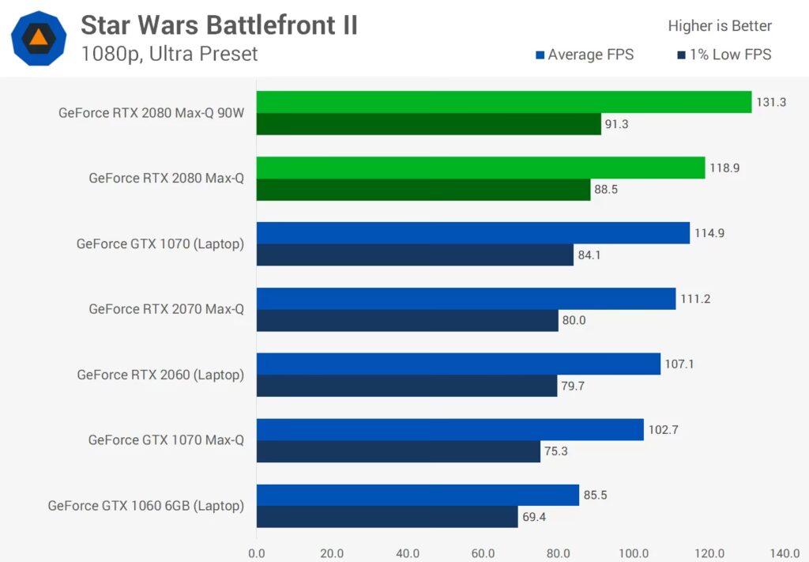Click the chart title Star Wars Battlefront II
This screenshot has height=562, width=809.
[x=219, y=25]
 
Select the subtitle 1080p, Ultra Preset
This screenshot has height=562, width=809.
[x=169, y=54]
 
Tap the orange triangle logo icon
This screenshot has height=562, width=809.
[x=38, y=37]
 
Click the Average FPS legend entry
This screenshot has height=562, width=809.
[x=585, y=55]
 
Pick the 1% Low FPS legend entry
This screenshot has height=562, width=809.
[x=724, y=55]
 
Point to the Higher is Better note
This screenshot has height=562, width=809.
[x=720, y=26]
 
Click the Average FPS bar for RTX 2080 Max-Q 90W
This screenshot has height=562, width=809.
[x=503, y=102]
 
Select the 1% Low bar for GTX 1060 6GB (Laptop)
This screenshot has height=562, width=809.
[x=387, y=517]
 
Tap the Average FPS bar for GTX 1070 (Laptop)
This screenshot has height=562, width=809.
[x=472, y=232]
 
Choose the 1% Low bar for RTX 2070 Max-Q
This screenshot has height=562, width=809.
[x=407, y=320]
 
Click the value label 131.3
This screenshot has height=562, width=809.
[x=770, y=102]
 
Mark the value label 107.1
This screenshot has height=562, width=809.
[x=679, y=364]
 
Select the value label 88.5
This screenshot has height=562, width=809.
[x=609, y=190]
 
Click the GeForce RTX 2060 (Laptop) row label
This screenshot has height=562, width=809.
[x=160, y=375]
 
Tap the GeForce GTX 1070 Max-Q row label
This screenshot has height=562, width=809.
[x=166, y=440]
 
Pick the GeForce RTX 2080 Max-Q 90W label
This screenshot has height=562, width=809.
[x=152, y=113]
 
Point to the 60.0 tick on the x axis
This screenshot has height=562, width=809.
[x=483, y=553]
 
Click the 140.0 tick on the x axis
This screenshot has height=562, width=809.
[x=785, y=553]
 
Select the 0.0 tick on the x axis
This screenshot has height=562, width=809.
[x=257, y=553]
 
